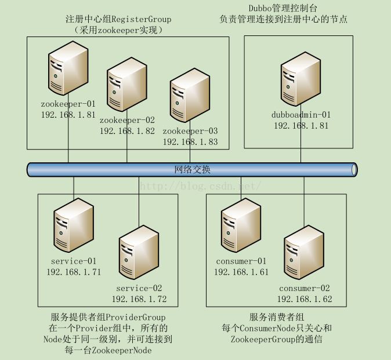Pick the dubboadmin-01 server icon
pyautogui.click(x=301, y=81)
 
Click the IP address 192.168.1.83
pyautogui.click(x=190, y=141)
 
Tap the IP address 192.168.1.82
pyautogui.click(x=127, y=131)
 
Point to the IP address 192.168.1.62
pyautogui.click(x=305, y=299)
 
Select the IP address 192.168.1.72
pyautogui.click(x=139, y=299)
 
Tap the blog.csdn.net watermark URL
pyautogui.click(x=200, y=186)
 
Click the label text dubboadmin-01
pyautogui.click(x=301, y=114)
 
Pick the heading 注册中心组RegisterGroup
pyautogui.click(x=118, y=19)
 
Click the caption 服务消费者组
pyautogui.click(x=277, y=317)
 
